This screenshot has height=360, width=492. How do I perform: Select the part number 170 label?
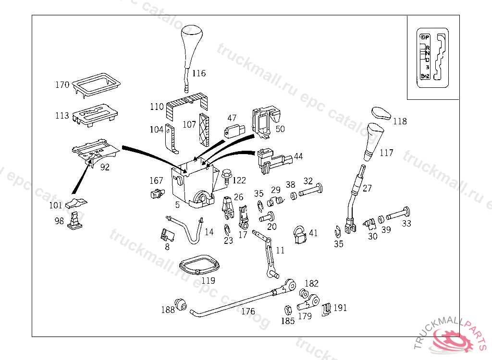pos(62,85)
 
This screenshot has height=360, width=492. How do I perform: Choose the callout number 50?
pos(280,129)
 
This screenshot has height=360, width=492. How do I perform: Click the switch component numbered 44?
pos(271,159)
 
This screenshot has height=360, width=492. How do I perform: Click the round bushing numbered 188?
pos(181,304)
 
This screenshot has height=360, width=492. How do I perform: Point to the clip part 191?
pos(326,310)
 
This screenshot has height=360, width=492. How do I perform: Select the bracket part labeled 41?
pos(300,235)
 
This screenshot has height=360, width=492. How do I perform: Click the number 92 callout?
pos(104,167)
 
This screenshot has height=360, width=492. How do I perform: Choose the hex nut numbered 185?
pos(288,310)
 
